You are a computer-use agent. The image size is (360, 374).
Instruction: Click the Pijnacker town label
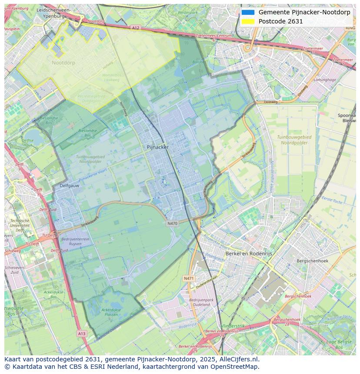click(x=157, y=147)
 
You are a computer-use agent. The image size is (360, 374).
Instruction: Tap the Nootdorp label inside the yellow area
click(x=63, y=63)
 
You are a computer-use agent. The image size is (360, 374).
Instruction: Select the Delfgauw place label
click(x=69, y=185)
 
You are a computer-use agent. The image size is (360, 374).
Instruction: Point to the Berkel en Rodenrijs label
click(x=249, y=253)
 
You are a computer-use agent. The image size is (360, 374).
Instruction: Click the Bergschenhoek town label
click(x=312, y=261)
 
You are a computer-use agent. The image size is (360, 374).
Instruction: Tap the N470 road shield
click(x=172, y=224)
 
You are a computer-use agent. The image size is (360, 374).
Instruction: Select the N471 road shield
click(x=188, y=278)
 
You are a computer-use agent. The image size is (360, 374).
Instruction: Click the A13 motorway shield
click(x=81, y=333)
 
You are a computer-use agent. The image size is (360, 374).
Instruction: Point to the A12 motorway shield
click(x=136, y=28)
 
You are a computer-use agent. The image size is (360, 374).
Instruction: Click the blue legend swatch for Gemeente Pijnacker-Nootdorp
click(x=248, y=12)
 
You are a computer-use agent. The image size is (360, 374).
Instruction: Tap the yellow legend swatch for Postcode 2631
click(x=248, y=21)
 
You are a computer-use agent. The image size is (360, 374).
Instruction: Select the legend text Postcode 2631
click(x=280, y=21)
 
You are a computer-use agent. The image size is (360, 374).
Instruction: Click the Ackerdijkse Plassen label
click(x=110, y=312)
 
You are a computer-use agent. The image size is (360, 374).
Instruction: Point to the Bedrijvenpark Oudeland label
click(x=201, y=302)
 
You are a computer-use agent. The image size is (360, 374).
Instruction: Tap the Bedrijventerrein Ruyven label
click(x=75, y=242)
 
